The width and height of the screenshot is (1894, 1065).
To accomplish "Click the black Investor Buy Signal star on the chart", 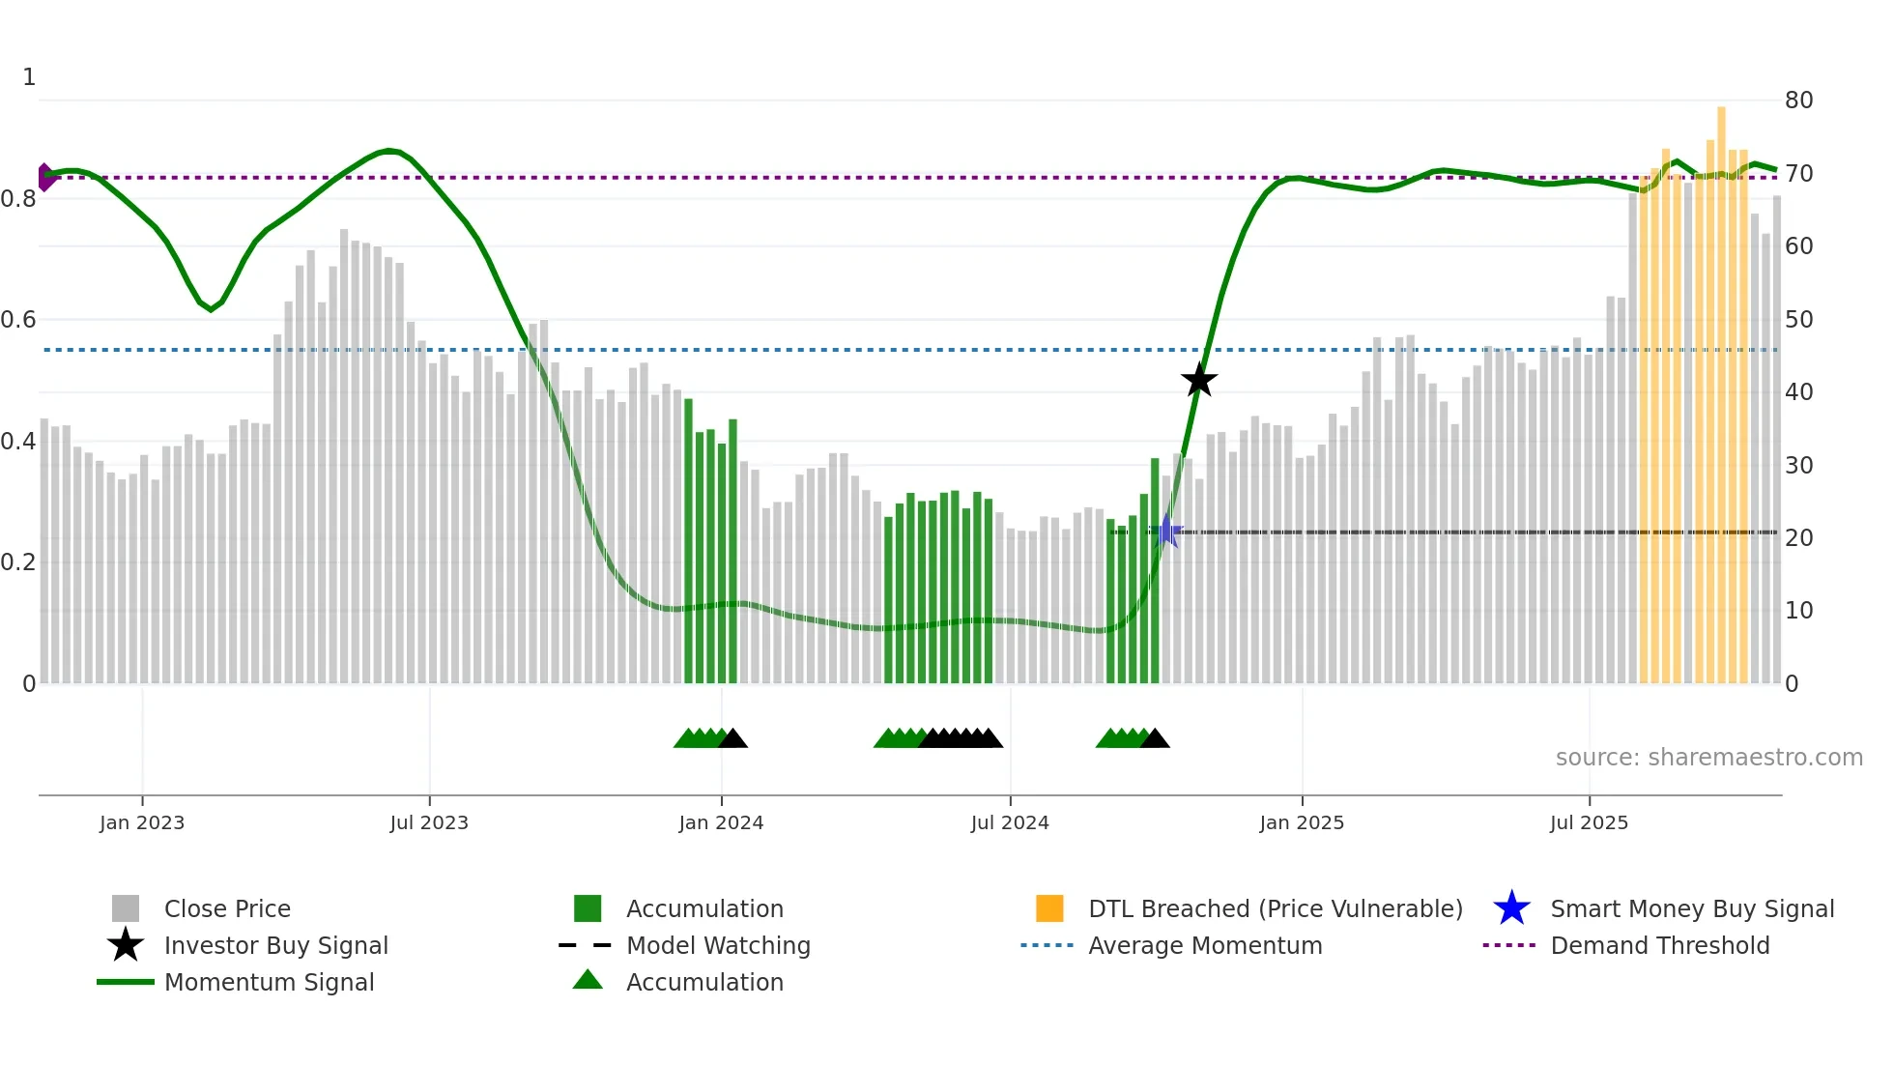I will pyautogui.click(x=1198, y=381).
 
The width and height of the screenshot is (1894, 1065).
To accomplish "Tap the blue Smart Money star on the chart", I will pyautogui.click(x=1166, y=532).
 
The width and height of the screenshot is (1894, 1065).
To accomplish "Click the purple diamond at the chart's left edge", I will pyautogui.click(x=44, y=178).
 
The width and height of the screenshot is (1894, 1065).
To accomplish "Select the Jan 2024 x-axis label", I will pyautogui.click(x=721, y=822).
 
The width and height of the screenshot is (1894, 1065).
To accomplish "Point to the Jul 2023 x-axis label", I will pyautogui.click(x=429, y=822).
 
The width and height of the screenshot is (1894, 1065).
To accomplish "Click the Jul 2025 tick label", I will pyautogui.click(x=1589, y=822).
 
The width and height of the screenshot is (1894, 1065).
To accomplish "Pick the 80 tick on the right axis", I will pyautogui.click(x=1798, y=101).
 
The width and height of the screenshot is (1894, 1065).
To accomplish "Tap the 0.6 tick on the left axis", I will pyautogui.click(x=18, y=320).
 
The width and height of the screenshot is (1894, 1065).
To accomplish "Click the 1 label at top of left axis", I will pyautogui.click(x=29, y=77).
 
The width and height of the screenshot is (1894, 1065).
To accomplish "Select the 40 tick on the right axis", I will pyautogui.click(x=1798, y=392).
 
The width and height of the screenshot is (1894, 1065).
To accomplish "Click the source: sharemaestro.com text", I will pyautogui.click(x=1708, y=758).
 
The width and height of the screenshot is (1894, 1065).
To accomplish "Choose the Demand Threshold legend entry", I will pyautogui.click(x=1659, y=945).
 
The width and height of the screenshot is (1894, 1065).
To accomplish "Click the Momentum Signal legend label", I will pyautogui.click(x=269, y=982).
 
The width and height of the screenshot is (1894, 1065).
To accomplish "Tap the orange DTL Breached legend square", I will pyautogui.click(x=1049, y=908).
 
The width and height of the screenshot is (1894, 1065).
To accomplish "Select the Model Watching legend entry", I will pyautogui.click(x=717, y=945).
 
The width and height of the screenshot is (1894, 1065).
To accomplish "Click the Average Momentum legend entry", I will pyautogui.click(x=1204, y=945).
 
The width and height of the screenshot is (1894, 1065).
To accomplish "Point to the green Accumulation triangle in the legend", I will pyautogui.click(x=588, y=980).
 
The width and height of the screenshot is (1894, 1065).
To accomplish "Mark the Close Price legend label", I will pyautogui.click(x=227, y=908).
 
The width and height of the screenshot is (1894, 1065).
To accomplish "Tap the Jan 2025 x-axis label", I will pyautogui.click(x=1302, y=822).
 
